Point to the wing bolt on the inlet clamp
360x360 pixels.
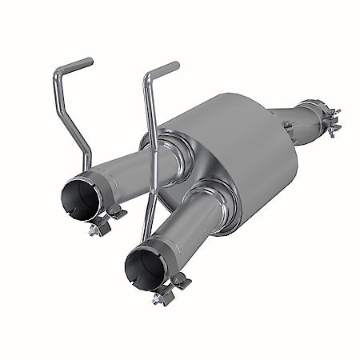(334, 128)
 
